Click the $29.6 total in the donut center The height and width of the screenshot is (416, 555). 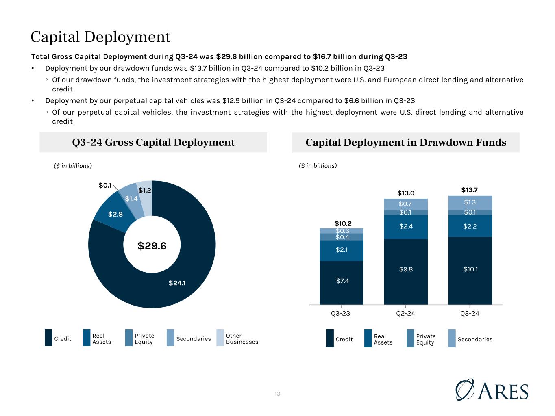click(152, 246)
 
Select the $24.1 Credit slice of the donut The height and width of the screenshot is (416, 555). click(177, 283)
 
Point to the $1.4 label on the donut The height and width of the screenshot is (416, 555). click(131, 199)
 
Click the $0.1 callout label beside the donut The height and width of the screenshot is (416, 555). click(105, 185)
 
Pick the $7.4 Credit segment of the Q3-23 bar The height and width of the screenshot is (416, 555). click(342, 283)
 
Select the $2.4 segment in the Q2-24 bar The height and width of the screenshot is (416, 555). click(406, 227)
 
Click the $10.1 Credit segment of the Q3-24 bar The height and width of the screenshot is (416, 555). click(470, 271)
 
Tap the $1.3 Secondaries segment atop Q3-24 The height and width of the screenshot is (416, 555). click(470, 203)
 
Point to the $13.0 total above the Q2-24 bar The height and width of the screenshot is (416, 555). click(406, 193)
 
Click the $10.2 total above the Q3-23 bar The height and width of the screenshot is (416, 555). click(343, 223)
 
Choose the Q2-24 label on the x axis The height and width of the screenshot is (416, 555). click(405, 314)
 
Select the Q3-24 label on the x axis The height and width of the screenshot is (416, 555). click(470, 314)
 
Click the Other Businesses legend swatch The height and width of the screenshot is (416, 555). click(220, 338)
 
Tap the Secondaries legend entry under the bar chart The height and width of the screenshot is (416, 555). click(470, 338)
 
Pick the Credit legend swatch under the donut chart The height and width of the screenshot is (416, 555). click(48, 338)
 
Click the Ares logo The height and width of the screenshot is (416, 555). click(492, 390)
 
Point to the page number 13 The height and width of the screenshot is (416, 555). click(277, 394)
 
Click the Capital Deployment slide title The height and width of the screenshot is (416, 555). click(100, 37)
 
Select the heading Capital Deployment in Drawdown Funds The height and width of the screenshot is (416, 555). click(406, 142)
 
